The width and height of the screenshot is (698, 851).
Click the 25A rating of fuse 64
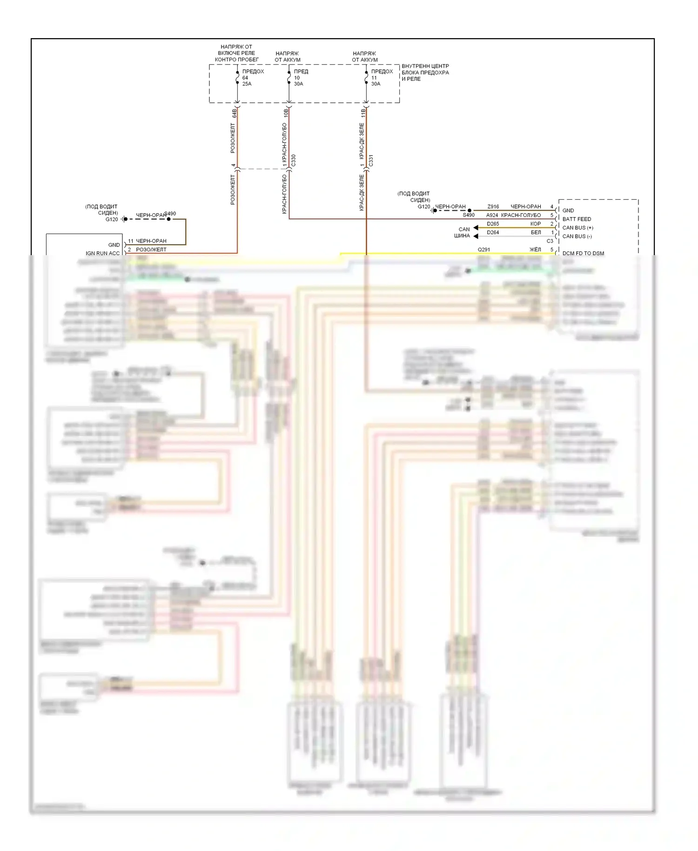[x=247, y=84]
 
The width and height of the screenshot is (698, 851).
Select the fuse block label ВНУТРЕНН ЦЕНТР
[x=425, y=66]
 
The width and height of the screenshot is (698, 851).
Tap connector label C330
[x=293, y=161]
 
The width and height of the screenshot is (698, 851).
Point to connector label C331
[x=371, y=161]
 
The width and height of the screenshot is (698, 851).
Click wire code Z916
[x=493, y=206]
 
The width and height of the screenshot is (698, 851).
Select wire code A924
[x=492, y=215]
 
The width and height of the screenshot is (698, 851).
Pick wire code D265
[x=493, y=224]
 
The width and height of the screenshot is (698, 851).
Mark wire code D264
[x=493, y=232]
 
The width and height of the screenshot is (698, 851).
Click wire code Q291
[x=483, y=250]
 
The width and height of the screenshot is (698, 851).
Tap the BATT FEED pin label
[x=577, y=219]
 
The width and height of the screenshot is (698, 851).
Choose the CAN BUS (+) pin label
[x=577, y=228]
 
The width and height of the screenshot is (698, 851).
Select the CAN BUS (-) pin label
[x=577, y=236]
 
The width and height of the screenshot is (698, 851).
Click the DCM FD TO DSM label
[x=583, y=253]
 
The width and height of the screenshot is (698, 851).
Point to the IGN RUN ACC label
[x=102, y=253]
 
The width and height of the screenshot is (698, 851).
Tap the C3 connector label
[x=550, y=241]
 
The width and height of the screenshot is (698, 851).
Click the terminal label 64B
[x=235, y=113]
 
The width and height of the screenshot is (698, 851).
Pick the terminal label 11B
[x=363, y=113]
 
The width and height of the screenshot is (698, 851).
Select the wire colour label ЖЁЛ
[x=535, y=250]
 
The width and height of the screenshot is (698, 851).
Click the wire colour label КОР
[x=536, y=224]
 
